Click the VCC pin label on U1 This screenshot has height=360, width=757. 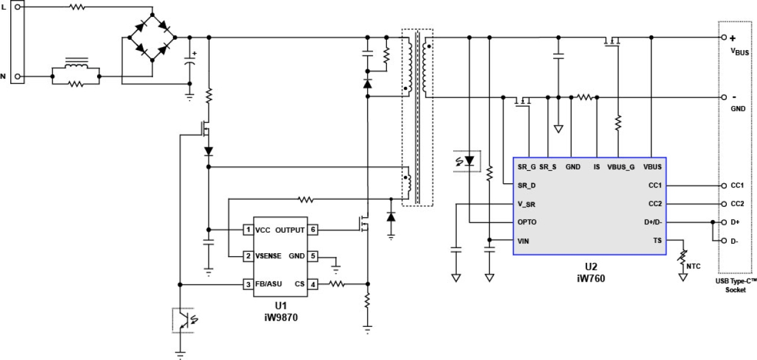click(263, 230)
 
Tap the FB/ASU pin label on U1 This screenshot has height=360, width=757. click(268, 284)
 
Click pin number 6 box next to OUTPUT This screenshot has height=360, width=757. click(313, 230)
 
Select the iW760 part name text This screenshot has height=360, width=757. click(589, 279)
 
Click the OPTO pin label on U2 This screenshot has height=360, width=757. click(527, 222)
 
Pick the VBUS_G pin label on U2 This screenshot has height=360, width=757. click(620, 166)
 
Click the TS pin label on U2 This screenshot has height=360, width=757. click(656, 241)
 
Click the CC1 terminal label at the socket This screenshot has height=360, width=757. click(738, 186)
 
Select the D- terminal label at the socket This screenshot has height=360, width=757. click(735, 241)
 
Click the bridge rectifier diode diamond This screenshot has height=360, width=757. click(150, 37)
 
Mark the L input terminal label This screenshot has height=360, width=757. click(4, 7)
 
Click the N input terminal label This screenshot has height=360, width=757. click(4, 76)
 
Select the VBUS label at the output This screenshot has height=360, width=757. click(739, 52)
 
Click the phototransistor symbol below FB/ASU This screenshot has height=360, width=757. click(181, 320)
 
